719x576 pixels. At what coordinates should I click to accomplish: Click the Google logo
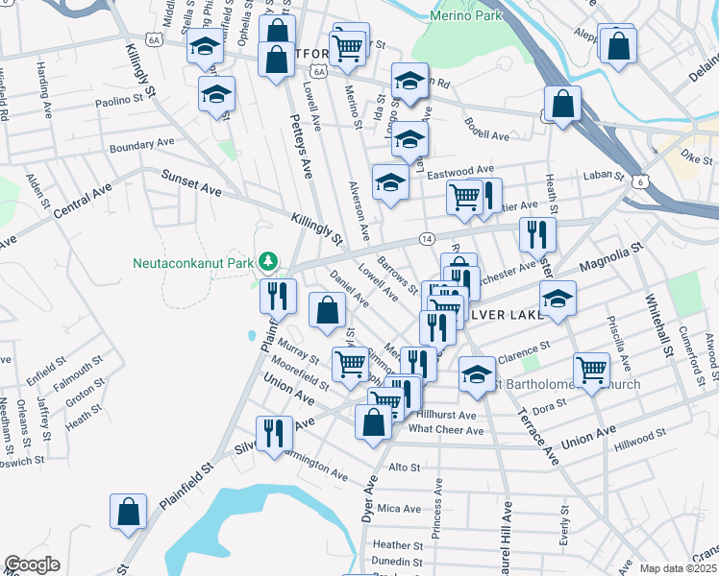33,564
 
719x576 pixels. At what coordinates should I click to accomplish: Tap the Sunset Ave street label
190,184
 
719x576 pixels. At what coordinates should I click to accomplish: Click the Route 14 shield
428,237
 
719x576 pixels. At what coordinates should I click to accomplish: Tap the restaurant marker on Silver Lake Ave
274,434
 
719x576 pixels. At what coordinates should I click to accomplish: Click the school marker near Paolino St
216,94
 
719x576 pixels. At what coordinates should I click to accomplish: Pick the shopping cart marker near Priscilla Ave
591,369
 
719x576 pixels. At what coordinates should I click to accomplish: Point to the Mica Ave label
398,508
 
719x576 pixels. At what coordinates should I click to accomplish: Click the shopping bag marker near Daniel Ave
328,310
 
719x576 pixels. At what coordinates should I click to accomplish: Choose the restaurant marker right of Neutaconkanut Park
277,294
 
